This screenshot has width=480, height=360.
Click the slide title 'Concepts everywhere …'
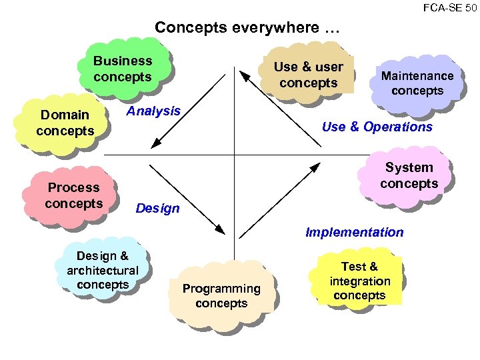(x=247, y=28)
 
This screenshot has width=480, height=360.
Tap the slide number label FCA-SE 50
(x=449, y=7)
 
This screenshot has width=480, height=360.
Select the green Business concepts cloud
(x=123, y=68)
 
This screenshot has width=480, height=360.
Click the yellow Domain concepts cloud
(x=65, y=123)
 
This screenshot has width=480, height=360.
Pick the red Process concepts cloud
(x=73, y=195)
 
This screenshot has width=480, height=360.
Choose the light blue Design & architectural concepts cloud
(x=103, y=270)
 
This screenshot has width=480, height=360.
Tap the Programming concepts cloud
(x=221, y=295)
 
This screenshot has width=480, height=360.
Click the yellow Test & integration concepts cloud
(x=360, y=281)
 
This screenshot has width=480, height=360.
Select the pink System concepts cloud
(x=409, y=175)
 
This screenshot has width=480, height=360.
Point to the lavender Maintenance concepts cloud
(x=417, y=83)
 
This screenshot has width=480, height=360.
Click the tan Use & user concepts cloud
(x=308, y=75)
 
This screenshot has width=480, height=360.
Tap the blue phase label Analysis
(x=153, y=111)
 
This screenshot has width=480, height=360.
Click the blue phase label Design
(x=157, y=208)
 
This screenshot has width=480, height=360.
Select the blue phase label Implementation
(x=354, y=232)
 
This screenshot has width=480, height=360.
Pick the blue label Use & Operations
(x=377, y=127)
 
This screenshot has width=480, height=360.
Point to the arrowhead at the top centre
(x=244, y=75)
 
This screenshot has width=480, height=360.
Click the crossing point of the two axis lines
(x=235, y=155)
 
